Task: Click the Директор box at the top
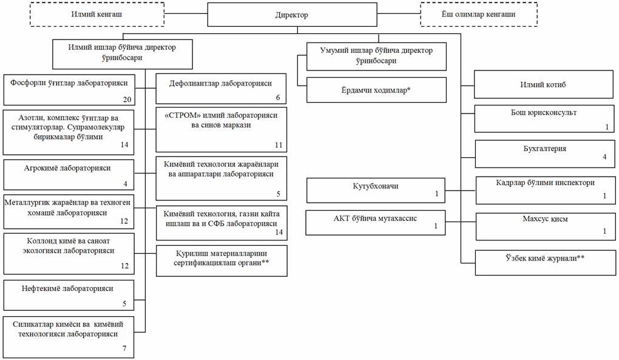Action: pos(292,15)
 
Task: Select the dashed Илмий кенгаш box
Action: pos(97,15)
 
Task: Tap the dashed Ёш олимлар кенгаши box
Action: pos(478,15)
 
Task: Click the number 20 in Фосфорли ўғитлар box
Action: pos(127,100)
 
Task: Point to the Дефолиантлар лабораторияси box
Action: pos(221,89)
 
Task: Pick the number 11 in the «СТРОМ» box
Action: pos(279,145)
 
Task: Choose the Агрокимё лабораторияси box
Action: pos(69,174)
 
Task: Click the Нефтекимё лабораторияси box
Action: pos(69,295)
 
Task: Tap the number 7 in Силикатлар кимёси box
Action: pos(124,348)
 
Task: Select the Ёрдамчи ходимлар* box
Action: pos(376,90)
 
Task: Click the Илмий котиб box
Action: pos(543,84)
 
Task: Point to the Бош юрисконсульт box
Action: pos(544,118)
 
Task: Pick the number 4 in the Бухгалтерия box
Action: pos(604,157)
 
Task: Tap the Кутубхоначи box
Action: pos(376,190)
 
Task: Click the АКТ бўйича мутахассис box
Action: pos(376,223)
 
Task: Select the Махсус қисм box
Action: pos(545,226)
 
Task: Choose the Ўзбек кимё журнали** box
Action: pos(545,262)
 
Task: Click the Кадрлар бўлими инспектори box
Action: pos(545,190)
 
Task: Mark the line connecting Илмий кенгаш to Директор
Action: pos(186,14)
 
